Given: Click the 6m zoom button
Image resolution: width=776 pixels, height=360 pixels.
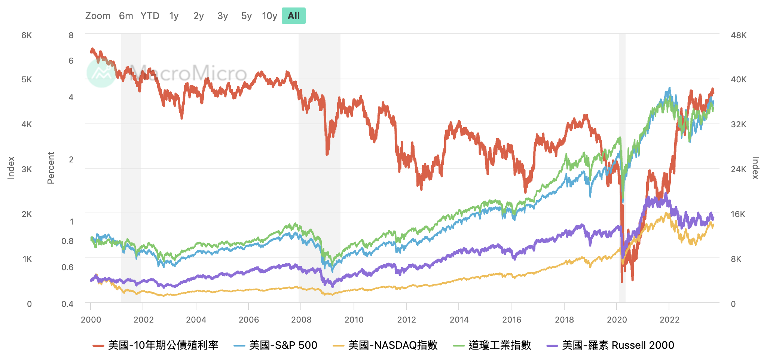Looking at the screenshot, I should [x=126, y=16].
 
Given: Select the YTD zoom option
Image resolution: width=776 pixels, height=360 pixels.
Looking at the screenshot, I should [x=150, y=16].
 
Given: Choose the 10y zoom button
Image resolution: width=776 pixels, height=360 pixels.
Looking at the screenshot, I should [x=269, y=16].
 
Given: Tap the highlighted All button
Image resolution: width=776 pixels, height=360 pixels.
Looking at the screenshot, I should [x=294, y=16].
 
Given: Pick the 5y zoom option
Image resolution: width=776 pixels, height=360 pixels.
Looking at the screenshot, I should [x=246, y=16].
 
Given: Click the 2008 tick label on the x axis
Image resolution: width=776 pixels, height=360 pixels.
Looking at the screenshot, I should [x=301, y=320].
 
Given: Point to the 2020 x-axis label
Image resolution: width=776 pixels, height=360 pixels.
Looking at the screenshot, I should [x=617, y=320].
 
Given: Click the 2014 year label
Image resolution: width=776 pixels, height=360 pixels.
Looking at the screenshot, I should [x=459, y=320].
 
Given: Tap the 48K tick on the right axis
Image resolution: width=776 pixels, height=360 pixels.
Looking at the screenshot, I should [x=739, y=36].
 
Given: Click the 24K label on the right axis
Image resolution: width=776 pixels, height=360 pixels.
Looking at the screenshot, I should [x=739, y=169].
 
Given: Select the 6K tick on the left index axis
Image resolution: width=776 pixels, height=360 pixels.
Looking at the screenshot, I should [x=27, y=36].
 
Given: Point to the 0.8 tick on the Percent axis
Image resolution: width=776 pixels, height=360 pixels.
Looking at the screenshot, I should [x=67, y=241].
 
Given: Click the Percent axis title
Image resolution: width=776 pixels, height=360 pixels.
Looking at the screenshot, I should [x=51, y=168].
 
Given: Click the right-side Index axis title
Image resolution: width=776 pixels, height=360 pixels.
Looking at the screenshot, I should [x=755, y=168].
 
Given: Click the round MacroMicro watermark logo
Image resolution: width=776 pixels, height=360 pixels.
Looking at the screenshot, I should [x=101, y=73].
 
